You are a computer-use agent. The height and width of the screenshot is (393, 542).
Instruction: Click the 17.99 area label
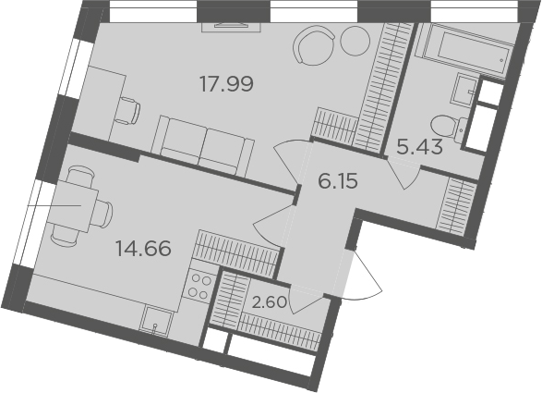click(x=227, y=84)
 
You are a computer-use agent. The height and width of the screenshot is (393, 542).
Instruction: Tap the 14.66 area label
click(x=143, y=248)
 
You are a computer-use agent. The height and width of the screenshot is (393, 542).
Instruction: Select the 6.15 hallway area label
click(x=337, y=181)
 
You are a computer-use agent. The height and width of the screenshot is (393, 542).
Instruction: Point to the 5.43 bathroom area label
click(x=419, y=147)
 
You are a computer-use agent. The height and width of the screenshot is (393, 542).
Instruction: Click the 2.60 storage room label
click(x=270, y=302)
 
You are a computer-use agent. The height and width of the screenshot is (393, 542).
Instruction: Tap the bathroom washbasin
click(x=465, y=90)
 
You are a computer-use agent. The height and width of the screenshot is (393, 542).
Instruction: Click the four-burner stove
click(x=199, y=286)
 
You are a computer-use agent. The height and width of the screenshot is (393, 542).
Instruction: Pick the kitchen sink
click(x=156, y=321)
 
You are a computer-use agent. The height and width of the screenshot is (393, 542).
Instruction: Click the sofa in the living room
click(x=203, y=146)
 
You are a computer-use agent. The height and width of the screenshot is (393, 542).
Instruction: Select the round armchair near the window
click(x=314, y=44)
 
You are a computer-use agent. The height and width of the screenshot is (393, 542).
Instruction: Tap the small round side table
click(x=355, y=40)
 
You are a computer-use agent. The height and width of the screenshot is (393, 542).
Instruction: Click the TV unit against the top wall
click(x=231, y=27)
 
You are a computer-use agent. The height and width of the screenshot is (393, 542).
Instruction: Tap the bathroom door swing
click(x=403, y=174)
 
